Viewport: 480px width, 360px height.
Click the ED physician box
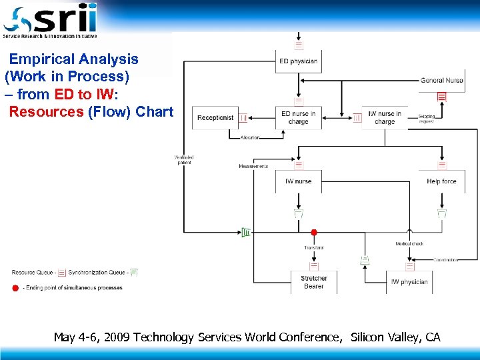[x=298, y=61]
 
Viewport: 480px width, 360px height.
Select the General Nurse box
[x=441, y=81]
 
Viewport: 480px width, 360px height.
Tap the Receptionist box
[x=215, y=118]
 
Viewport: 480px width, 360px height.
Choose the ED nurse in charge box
[x=298, y=118]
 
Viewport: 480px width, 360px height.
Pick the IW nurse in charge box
[x=385, y=118]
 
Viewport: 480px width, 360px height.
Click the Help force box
[x=441, y=181]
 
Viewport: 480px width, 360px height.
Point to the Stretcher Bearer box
[x=314, y=282]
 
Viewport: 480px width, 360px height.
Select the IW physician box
[x=409, y=282]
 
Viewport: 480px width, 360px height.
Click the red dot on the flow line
[x=314, y=233]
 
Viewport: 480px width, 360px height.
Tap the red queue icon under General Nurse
[x=441, y=96]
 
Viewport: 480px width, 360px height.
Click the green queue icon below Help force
[x=441, y=213]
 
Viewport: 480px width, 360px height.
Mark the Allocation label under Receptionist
[x=250, y=137]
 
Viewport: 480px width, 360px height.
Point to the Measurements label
[x=253, y=166]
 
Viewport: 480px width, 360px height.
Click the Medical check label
[x=409, y=244]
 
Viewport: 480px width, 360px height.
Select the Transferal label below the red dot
[x=314, y=248]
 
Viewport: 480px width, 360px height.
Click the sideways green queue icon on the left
[x=245, y=232]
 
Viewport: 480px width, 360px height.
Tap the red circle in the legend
[x=15, y=288]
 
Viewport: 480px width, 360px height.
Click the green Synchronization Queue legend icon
[x=134, y=272]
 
